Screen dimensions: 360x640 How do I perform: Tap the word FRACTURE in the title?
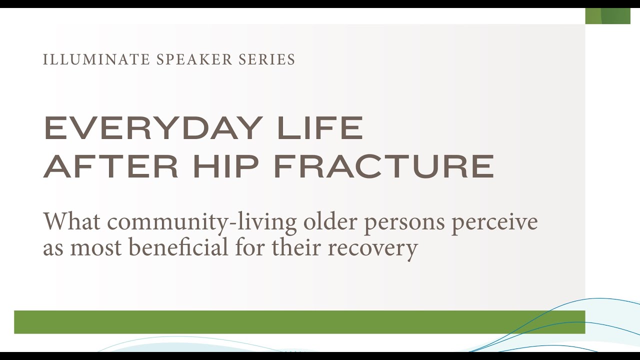pyautogui.click(x=384, y=166)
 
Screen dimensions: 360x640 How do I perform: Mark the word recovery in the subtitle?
pyautogui.click(x=372, y=248)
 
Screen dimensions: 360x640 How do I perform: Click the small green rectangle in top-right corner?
pyautogui.click(x=607, y=16)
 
